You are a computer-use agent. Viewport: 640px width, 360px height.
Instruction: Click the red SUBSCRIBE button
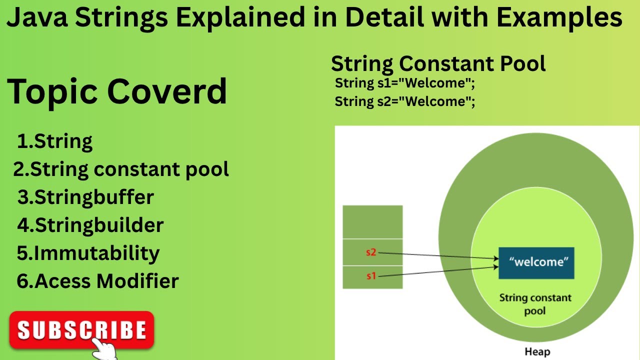pos(81,329)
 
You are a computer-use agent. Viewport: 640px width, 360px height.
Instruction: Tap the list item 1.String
pos(54,141)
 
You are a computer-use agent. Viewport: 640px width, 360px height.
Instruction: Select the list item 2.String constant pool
pos(121,169)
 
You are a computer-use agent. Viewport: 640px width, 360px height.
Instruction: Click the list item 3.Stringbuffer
pos(85,197)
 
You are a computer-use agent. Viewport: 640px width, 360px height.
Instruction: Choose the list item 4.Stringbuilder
pos(90,225)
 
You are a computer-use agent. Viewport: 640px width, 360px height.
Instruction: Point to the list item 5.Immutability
pos(88,253)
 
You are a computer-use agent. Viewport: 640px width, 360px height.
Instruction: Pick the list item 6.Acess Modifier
pos(97,281)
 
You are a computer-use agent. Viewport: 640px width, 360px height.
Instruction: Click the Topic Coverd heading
pos(117,91)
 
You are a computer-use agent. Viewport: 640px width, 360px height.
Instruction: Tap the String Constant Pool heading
pos(438,64)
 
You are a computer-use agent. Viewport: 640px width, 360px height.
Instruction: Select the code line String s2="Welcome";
pos(404,101)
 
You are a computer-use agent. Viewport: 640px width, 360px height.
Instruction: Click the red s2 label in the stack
pos(370,252)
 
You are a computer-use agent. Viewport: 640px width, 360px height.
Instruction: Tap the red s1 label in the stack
pos(370,276)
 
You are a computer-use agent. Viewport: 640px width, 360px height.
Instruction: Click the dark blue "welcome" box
pos(536,263)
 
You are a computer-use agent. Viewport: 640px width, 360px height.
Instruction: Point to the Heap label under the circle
pos(537,352)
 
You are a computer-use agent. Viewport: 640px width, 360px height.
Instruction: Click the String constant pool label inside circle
pos(535,304)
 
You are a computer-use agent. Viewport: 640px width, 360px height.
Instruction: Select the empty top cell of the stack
pos(372,221)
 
